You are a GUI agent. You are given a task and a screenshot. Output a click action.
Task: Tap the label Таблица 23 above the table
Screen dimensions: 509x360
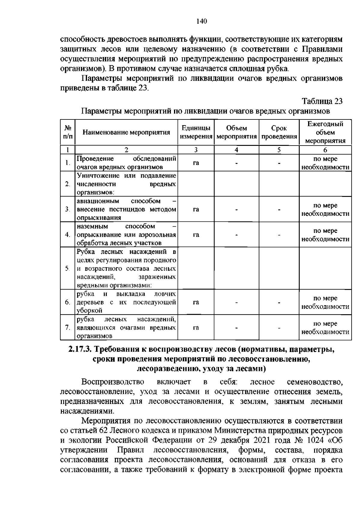(x=322, y=101)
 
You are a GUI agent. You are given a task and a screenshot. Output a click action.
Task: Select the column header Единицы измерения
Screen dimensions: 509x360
(x=196, y=132)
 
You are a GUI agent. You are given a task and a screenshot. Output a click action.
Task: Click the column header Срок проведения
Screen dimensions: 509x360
(x=279, y=132)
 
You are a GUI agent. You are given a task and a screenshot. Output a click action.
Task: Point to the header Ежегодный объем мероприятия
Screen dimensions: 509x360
(x=325, y=132)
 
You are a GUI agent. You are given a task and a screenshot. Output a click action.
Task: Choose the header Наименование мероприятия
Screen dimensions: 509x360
(x=126, y=132)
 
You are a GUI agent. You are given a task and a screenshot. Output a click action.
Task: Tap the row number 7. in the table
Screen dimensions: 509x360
(x=67, y=327)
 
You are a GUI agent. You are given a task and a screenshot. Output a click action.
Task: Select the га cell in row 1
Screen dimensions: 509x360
(x=196, y=163)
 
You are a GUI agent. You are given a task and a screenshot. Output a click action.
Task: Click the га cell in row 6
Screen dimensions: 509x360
(x=196, y=302)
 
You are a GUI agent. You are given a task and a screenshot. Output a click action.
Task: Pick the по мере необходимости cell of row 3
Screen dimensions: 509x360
(x=325, y=209)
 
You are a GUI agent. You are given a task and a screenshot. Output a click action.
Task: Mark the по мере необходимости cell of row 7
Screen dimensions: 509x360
(x=325, y=328)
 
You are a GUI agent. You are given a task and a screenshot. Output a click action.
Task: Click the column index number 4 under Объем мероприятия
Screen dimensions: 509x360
(x=236, y=150)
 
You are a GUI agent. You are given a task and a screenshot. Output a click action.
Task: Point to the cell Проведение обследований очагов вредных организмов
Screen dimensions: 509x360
(x=126, y=163)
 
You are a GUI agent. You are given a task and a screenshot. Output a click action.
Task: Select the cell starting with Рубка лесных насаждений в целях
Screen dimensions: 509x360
(x=126, y=268)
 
